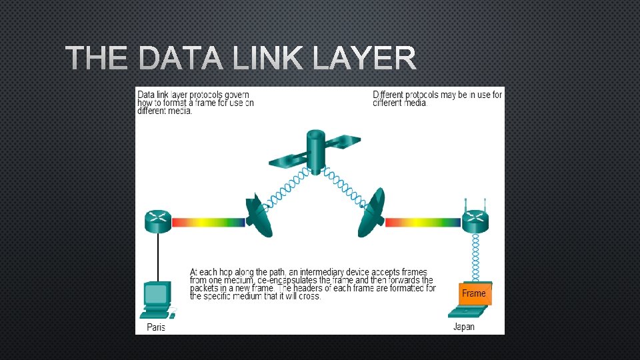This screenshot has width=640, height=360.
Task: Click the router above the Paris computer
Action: point(158,221)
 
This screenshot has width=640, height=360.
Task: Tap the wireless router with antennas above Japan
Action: point(475,220)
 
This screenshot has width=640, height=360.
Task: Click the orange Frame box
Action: point(474,293)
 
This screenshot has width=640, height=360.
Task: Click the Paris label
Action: point(156,327)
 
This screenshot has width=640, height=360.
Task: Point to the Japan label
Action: point(464,327)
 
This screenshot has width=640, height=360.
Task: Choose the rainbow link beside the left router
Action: point(209,222)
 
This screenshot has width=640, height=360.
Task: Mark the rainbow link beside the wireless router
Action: point(423,222)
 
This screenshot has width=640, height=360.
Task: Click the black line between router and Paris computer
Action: point(158,257)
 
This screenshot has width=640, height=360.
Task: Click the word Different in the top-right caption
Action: point(388,95)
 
